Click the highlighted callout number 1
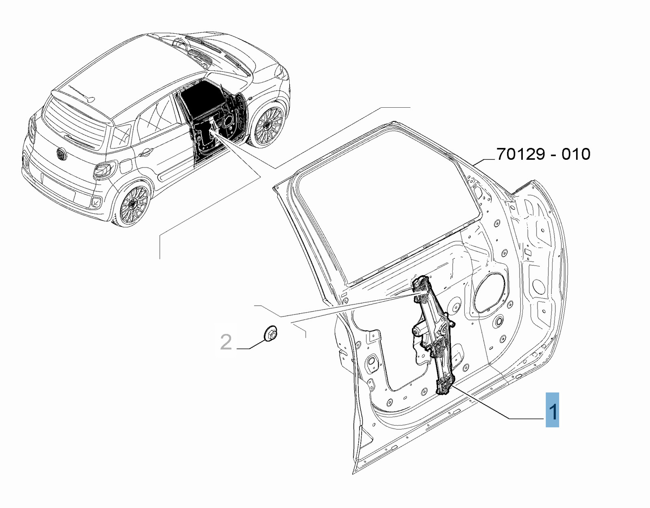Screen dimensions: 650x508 552,410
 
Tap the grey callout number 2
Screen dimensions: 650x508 226,342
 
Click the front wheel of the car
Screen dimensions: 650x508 268,126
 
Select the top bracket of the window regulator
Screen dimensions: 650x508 421,285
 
